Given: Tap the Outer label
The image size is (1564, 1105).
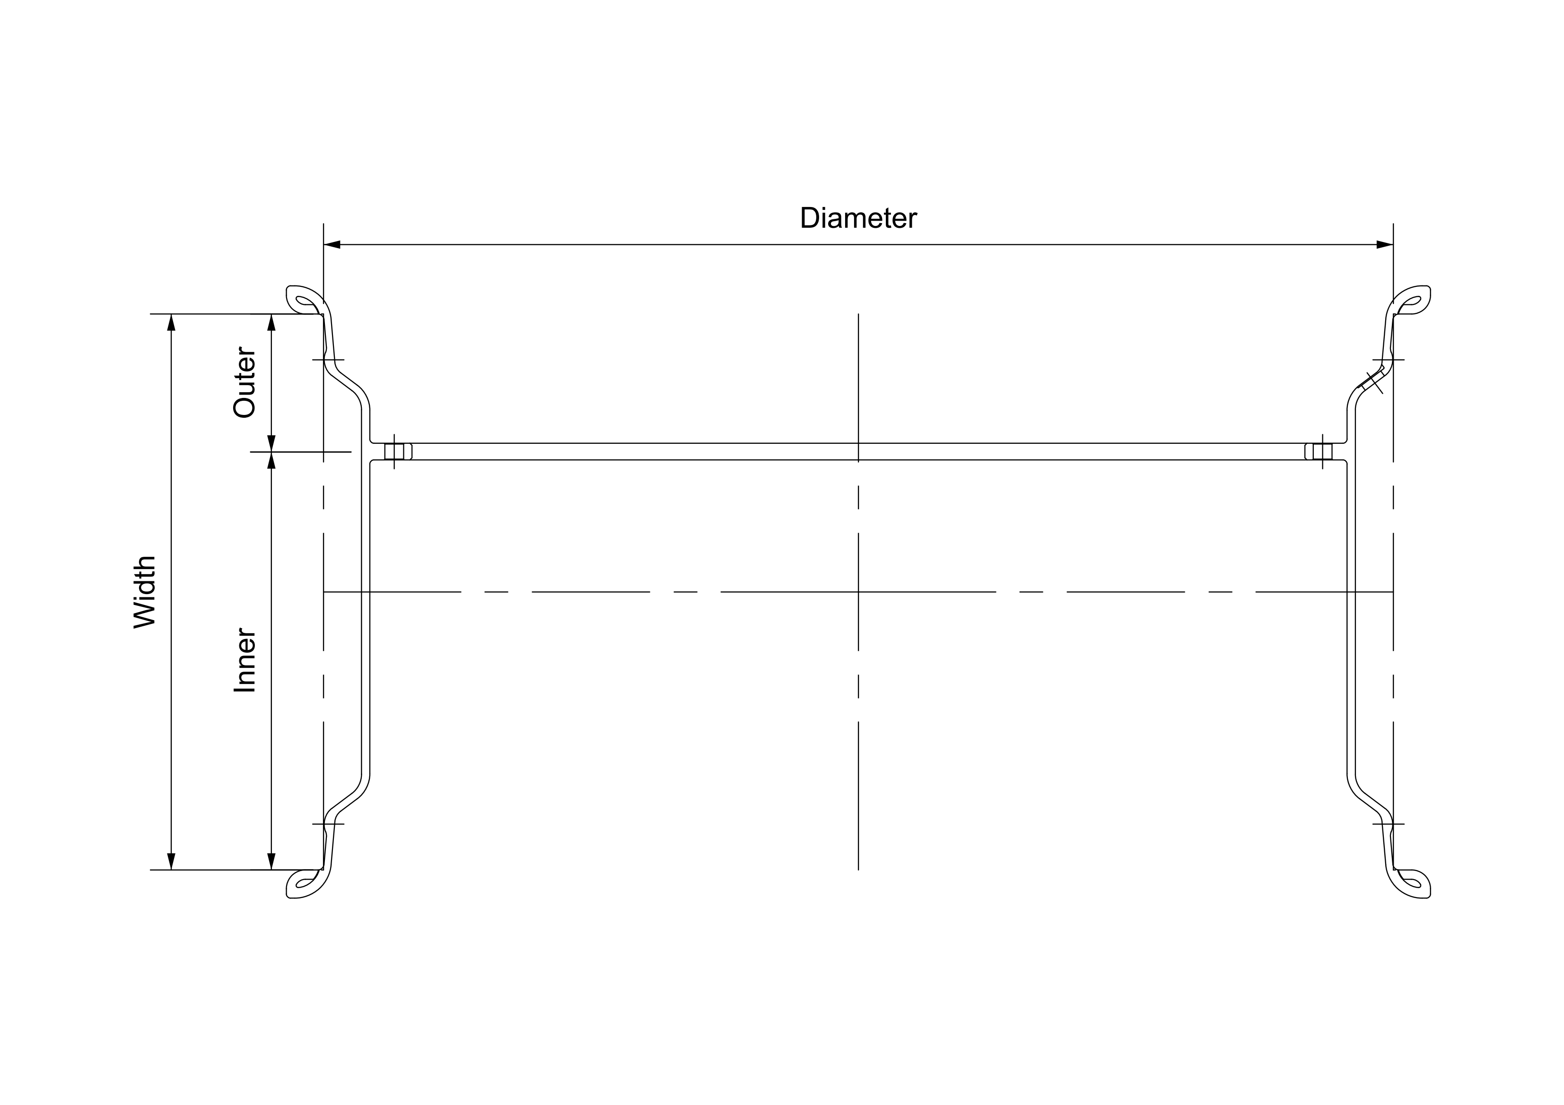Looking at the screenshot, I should point(244,383).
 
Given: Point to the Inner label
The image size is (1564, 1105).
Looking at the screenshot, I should point(244,660).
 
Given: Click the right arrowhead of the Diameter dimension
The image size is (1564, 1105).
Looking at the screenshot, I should point(1384,244).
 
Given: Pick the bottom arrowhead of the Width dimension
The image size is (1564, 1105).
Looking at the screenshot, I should point(171,861).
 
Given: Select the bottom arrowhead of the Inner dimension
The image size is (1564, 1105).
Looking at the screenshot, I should point(271,861).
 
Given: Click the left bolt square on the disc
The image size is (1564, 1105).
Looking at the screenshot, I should point(394,451).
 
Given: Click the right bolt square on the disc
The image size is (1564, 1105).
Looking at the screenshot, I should point(1322,451).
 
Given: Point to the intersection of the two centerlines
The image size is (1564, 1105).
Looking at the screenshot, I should point(858,592).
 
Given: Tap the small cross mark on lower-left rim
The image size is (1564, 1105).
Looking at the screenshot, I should point(328,824).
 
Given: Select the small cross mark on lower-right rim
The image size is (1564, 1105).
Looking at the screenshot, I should point(1388,824).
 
